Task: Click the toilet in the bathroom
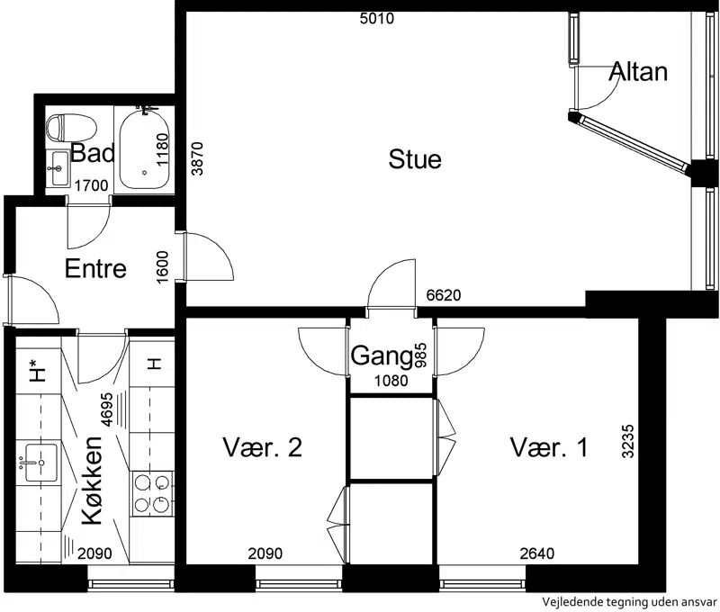(71, 127)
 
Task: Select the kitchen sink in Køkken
(40, 463)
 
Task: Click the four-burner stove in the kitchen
(151, 493)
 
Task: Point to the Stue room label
(415, 159)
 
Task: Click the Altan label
(638, 72)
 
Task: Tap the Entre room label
(95, 268)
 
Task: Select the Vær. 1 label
(549, 447)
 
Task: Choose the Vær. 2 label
(262, 447)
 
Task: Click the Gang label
(381, 356)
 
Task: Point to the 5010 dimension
(377, 19)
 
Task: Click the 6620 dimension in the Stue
(444, 295)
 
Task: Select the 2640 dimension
(536, 553)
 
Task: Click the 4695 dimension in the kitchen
(106, 410)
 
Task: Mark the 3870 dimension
(197, 159)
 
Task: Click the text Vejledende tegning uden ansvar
(629, 601)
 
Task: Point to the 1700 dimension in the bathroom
(92, 186)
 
